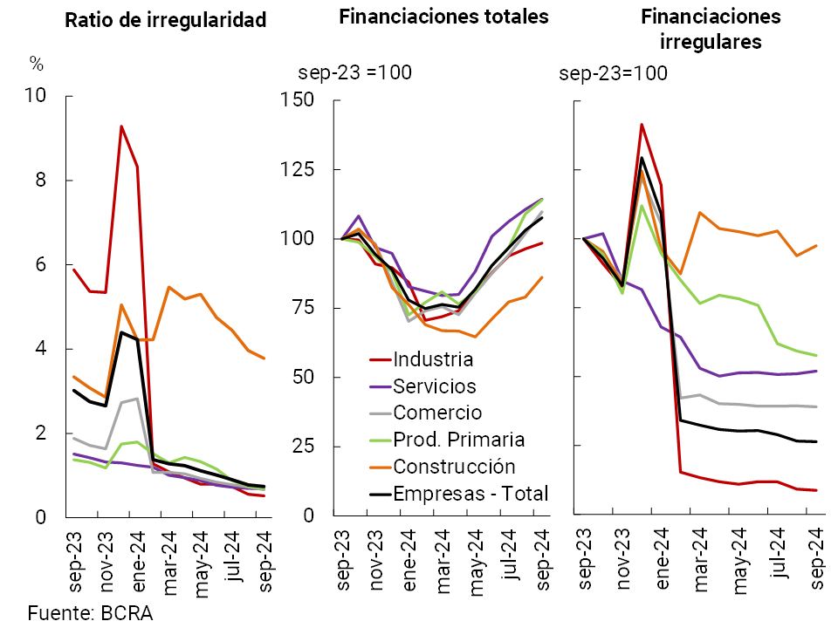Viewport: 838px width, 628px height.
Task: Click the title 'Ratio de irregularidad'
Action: pos(166,20)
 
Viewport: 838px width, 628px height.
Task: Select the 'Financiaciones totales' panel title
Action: pos(443,17)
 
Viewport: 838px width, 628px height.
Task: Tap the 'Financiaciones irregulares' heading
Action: pos(710,29)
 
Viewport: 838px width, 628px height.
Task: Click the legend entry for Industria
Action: pos(432,359)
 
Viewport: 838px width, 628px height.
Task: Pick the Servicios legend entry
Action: pos(435,386)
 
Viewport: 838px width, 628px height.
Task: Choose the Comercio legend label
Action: pos(436,413)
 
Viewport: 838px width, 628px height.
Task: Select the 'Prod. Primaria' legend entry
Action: pos(458,440)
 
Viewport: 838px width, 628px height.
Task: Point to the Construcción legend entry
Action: pos(454,467)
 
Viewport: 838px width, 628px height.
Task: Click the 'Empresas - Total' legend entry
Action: pos(471,494)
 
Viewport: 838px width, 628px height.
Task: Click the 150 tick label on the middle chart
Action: pos(298,100)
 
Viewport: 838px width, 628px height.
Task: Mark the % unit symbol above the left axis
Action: pos(36,64)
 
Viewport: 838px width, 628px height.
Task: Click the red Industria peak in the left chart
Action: pos(121,126)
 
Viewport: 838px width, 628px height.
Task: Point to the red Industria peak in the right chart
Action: pos(642,125)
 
